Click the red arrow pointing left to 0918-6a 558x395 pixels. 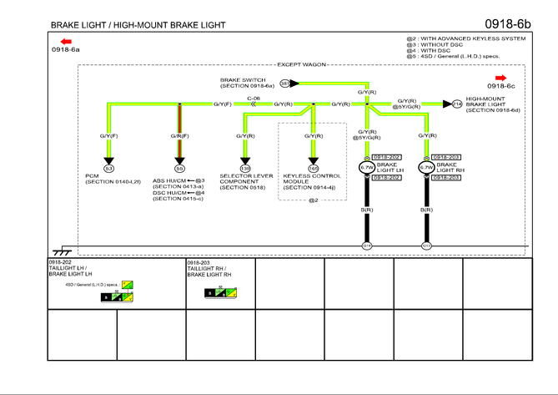pyautogui.click(x=66, y=41)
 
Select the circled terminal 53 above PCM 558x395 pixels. pyautogui.click(x=108, y=168)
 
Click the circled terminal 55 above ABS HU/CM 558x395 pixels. pyautogui.click(x=179, y=168)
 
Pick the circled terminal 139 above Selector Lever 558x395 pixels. pyautogui.click(x=245, y=168)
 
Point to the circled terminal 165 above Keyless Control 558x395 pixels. pyautogui.click(x=314, y=168)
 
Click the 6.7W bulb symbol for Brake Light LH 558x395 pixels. pyautogui.click(x=366, y=168)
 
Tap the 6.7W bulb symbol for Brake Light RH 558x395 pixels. pyautogui.click(x=426, y=168)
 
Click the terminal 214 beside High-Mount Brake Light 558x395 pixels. pyautogui.click(x=457, y=104)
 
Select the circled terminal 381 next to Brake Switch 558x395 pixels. pyautogui.click(x=284, y=84)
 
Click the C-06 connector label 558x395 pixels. pyautogui.click(x=254, y=98)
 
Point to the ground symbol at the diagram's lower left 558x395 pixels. pyautogui.click(x=60, y=250)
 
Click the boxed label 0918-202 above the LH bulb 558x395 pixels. pyautogui.click(x=387, y=157)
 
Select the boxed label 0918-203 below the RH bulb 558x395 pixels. pyautogui.click(x=447, y=177)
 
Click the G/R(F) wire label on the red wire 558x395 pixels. pyautogui.click(x=179, y=135)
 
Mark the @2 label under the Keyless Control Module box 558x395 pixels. pyautogui.click(x=313, y=200)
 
